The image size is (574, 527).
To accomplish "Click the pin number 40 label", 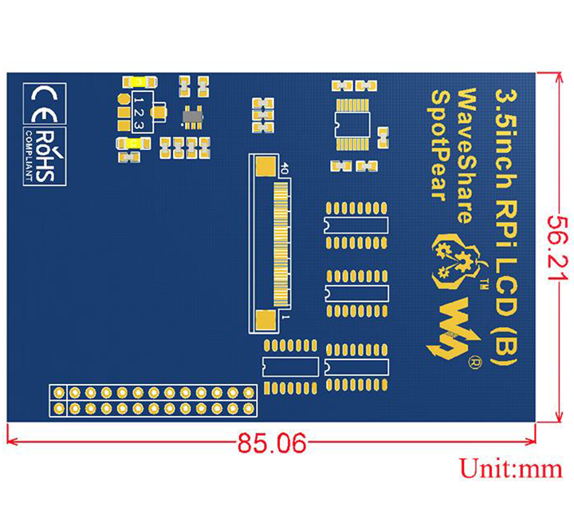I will click(x=284, y=169).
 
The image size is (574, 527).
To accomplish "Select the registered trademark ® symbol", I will click(x=475, y=361).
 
